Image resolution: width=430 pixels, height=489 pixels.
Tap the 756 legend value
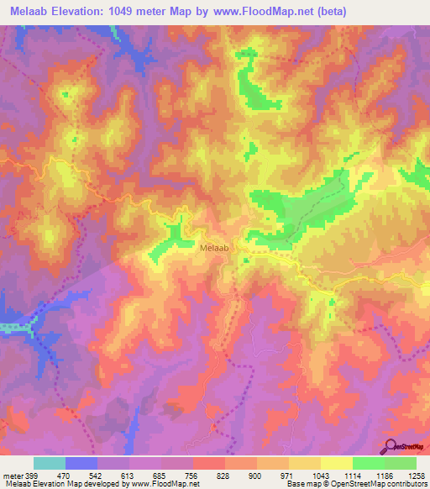(x=191, y=475)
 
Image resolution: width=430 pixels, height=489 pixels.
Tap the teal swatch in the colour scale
(x=50, y=463)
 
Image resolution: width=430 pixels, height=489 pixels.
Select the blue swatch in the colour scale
(x=82, y=463)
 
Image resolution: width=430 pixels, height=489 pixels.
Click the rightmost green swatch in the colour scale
(x=401, y=463)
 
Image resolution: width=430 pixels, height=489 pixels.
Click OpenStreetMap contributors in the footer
(x=384, y=485)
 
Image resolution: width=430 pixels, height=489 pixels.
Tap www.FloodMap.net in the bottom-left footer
(x=165, y=485)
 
